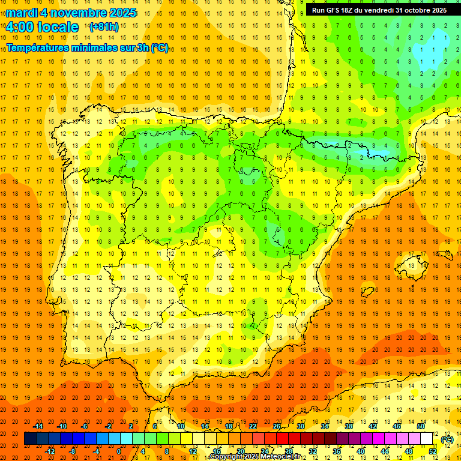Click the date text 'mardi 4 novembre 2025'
(x=71, y=13)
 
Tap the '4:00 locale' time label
(x=42, y=27)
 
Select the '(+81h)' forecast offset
(x=103, y=27)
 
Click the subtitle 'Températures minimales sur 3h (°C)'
(x=88, y=48)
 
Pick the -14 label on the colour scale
(x=39, y=426)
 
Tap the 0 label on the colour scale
(x=119, y=451)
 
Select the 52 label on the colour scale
(x=433, y=451)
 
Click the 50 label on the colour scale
(x=421, y=426)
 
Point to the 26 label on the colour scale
(x=277, y=426)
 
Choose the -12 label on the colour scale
(x=51, y=451)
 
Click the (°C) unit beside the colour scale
(x=447, y=439)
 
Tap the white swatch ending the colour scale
(x=427, y=439)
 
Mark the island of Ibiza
(x=367, y=292)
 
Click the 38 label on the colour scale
(x=349, y=426)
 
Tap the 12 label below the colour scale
(x=193, y=451)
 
